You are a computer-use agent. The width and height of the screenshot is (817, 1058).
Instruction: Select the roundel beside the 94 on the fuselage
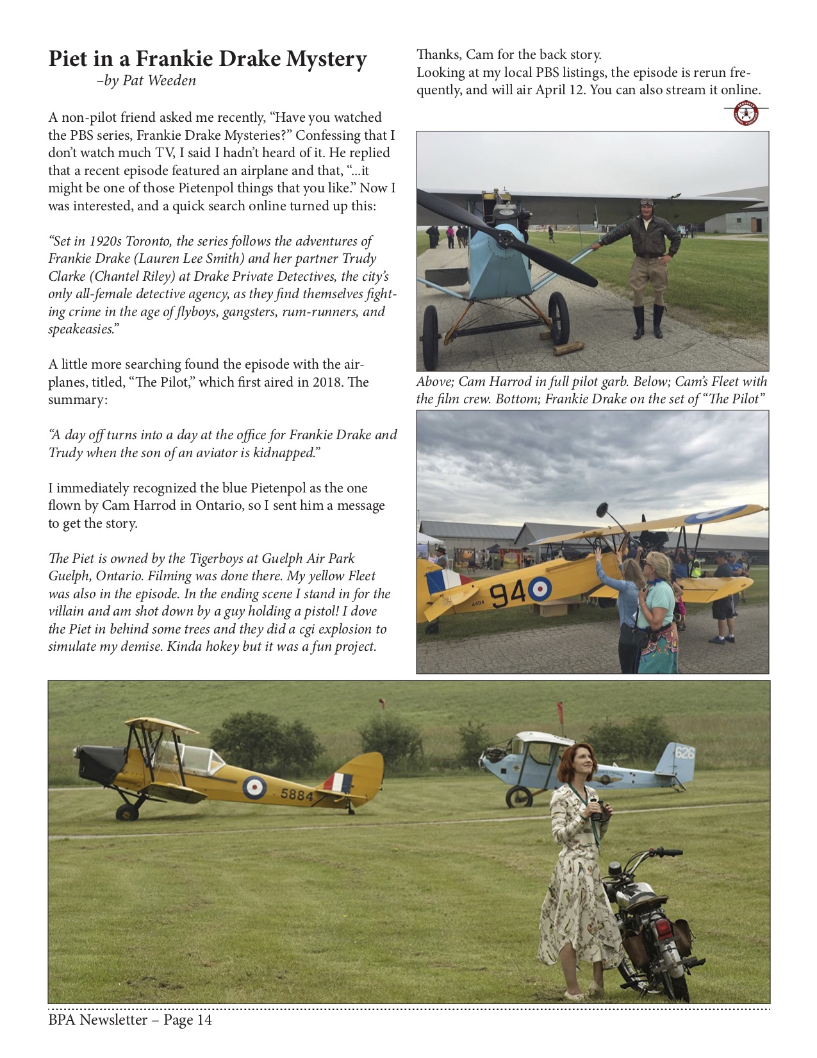pos(539,588)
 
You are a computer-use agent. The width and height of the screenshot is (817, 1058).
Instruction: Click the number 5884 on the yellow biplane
pos(297,795)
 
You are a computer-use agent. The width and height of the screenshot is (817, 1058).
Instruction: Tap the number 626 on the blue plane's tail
pos(684,752)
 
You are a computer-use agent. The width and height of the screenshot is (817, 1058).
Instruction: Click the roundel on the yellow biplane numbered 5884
pos(254,787)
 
